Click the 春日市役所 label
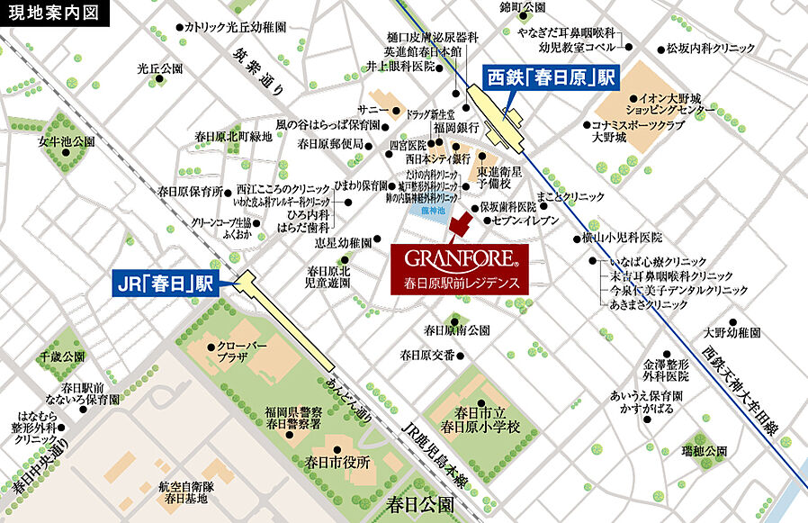338,463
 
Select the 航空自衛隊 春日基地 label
184,491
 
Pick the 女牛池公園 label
67,142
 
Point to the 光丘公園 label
159,68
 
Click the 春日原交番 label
427,355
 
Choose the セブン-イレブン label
527,221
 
